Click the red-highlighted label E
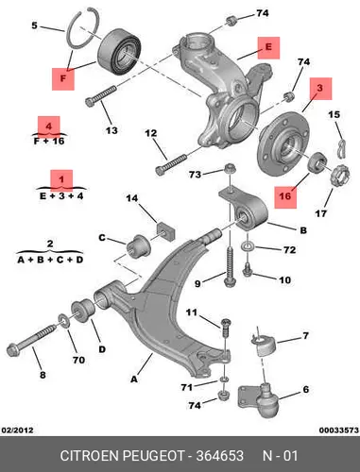coord(268,48)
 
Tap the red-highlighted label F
coord(63,78)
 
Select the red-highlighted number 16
coord(285,196)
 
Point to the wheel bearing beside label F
coord(119,52)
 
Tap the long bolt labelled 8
coord(31,339)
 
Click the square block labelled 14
coord(165,231)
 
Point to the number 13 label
coord(111,129)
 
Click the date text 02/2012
coord(18,430)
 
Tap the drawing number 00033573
coord(339,430)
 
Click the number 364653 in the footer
coord(219,456)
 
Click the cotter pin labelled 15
coord(342,148)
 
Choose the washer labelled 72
coord(248,246)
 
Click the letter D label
coord(102,349)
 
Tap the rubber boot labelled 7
coord(264,346)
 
